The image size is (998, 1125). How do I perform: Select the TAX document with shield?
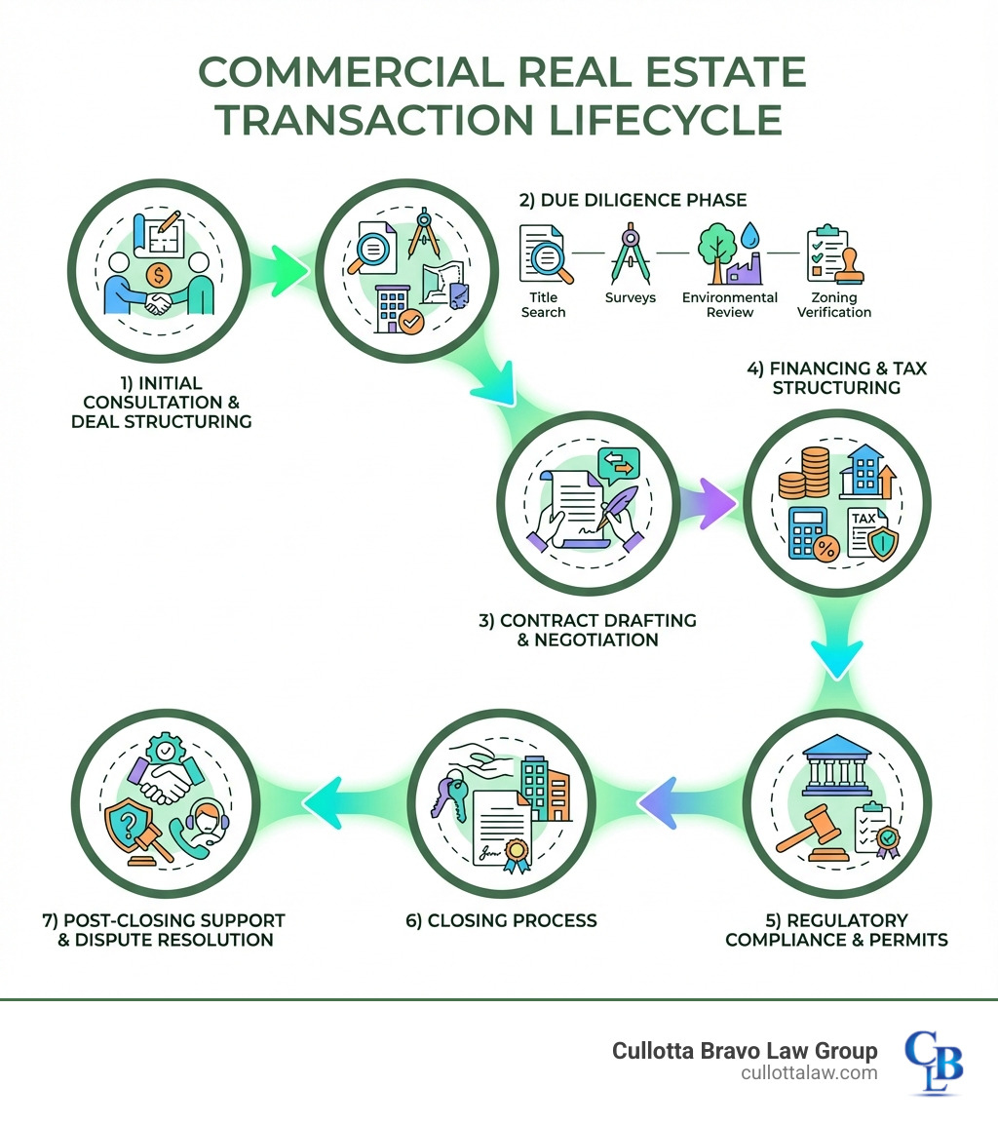coord(868,531)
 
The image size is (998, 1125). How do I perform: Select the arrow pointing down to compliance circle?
coord(837,658)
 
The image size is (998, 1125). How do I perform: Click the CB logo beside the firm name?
coord(933,1062)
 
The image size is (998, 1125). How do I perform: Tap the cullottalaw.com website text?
coord(808,1072)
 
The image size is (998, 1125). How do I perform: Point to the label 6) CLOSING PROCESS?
coord(501,920)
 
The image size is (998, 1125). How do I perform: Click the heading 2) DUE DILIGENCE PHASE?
coord(633,200)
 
